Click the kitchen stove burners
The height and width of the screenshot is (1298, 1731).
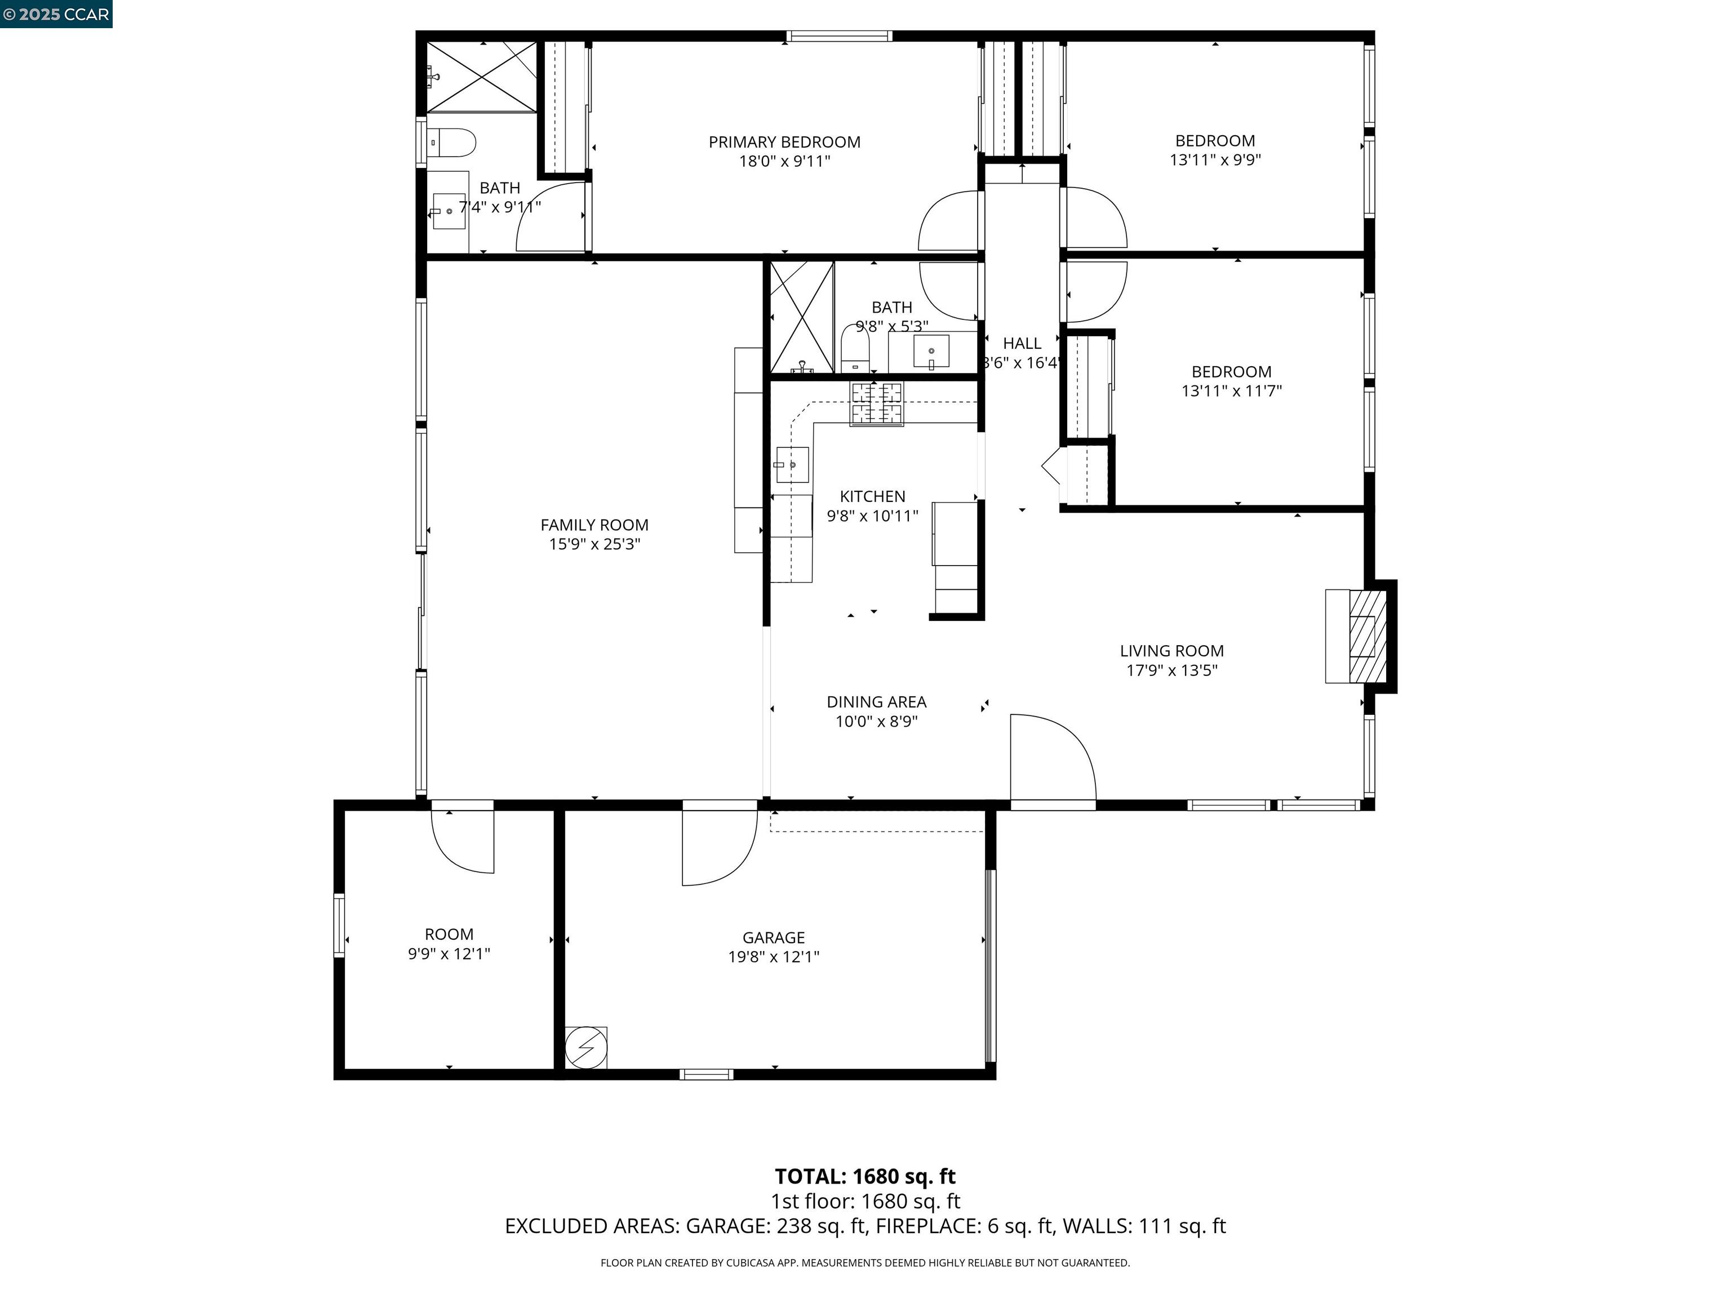tap(876, 404)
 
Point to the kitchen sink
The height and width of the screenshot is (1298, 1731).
tap(791, 465)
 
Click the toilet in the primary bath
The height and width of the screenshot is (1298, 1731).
tap(454, 143)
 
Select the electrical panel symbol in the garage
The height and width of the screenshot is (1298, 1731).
tap(585, 1047)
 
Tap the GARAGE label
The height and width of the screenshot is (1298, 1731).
tap(773, 937)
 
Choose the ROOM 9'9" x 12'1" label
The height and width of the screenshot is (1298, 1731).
tap(449, 944)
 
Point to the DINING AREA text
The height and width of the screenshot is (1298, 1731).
tap(876, 703)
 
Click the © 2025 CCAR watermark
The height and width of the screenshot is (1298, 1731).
tap(56, 14)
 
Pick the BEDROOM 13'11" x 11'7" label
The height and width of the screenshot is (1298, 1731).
tap(1231, 381)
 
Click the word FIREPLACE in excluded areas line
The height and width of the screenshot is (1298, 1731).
tap(927, 1226)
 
